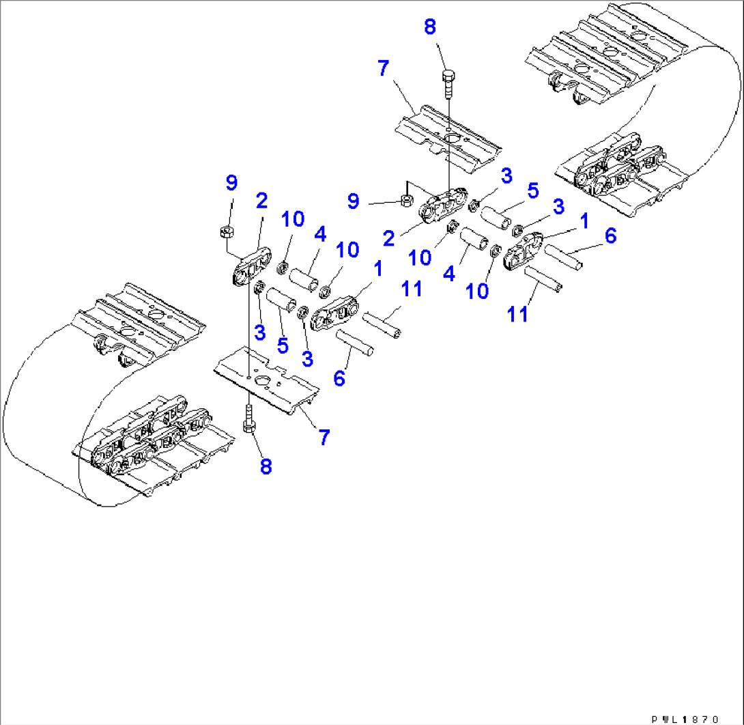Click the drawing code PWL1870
pyautogui.click(x=684, y=719)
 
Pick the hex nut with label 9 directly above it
pyautogui.click(x=227, y=232)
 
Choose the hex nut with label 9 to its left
pyautogui.click(x=405, y=200)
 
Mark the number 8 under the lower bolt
pyautogui.click(x=266, y=466)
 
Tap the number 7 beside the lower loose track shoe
pyautogui.click(x=324, y=437)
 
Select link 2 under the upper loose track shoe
pyautogui.click(x=441, y=208)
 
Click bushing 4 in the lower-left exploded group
pyautogui.click(x=304, y=280)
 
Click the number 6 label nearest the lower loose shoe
pyautogui.click(x=339, y=377)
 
